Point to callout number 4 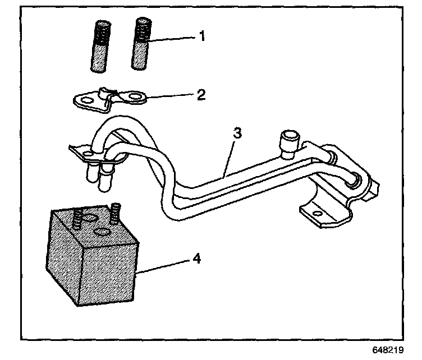[x=196, y=259]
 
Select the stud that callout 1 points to [x=142, y=45]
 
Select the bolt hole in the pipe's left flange [x=88, y=152]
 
